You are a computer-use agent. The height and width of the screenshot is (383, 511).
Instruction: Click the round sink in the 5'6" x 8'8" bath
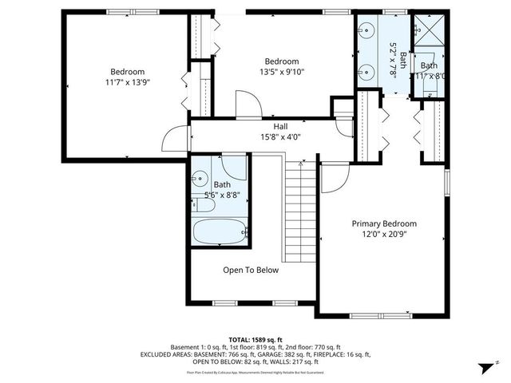200,179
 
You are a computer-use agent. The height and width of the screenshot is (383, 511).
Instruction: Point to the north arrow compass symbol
485,367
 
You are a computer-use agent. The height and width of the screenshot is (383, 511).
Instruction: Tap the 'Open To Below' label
251,270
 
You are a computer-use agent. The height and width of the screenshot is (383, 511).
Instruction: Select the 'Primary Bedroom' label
384,224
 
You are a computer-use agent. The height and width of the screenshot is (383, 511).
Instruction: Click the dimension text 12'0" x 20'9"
384,235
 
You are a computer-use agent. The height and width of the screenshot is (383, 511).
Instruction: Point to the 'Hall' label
280,126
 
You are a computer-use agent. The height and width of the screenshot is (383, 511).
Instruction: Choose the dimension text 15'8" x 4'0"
280,136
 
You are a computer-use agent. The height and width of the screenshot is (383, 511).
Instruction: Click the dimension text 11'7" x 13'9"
128,81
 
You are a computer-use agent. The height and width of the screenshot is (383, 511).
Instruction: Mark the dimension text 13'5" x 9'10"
282,72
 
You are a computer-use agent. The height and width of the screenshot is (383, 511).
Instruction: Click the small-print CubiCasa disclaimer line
255,372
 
